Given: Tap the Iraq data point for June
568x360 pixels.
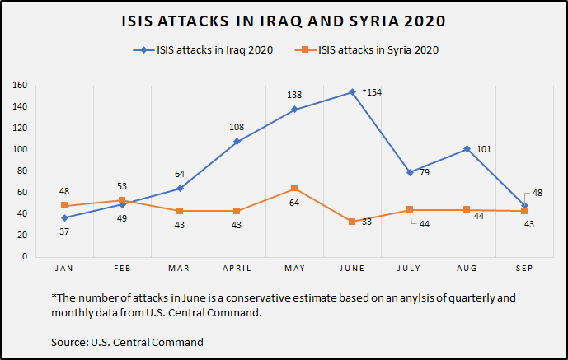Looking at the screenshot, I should (x=352, y=92).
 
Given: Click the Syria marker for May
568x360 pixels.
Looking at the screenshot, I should (x=294, y=188).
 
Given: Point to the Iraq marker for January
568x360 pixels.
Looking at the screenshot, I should (x=63, y=217).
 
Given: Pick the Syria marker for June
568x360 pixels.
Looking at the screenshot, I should (x=352, y=222).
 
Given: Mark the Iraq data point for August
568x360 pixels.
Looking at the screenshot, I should (x=467, y=149).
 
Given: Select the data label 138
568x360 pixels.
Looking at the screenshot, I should (x=295, y=96).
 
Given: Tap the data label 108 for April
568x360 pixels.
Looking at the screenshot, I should (x=237, y=128).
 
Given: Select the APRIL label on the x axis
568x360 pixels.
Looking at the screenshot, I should (x=237, y=268).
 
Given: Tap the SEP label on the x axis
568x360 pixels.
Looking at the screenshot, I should (x=524, y=268).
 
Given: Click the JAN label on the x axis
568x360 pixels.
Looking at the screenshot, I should (x=63, y=268).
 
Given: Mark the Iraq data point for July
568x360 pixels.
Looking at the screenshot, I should (x=410, y=172).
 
